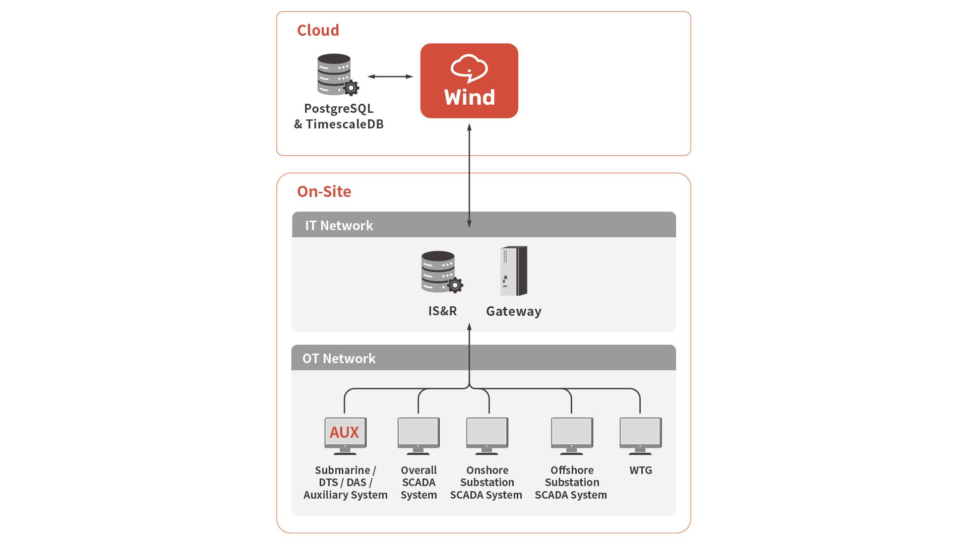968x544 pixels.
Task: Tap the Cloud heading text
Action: point(318,30)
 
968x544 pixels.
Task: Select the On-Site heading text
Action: point(324,191)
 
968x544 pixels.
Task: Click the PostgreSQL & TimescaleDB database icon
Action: point(335,74)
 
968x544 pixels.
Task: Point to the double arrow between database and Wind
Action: point(390,77)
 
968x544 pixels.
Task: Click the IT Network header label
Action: point(339,226)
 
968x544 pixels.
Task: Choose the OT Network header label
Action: point(339,359)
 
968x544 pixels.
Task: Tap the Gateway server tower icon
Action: point(514,271)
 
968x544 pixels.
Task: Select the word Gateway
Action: point(513,311)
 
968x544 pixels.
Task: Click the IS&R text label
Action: point(442,311)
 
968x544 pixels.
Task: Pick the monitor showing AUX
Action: point(345,434)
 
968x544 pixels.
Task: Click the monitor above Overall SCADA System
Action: point(418,434)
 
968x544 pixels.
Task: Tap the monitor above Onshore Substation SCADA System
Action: point(487,434)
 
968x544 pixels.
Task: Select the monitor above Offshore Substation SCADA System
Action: point(572,434)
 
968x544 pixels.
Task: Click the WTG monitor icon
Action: point(640,434)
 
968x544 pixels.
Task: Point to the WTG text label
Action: point(640,470)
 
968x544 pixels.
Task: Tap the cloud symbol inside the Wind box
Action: point(469,68)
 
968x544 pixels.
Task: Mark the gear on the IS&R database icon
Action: point(455,286)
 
